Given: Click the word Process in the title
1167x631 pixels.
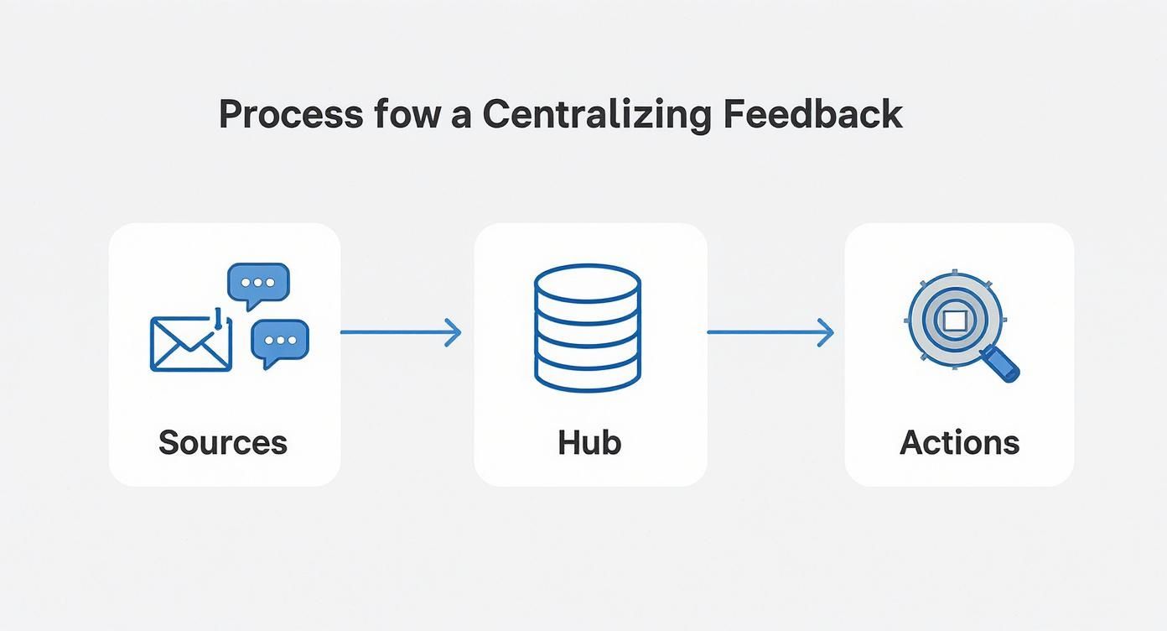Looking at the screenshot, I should point(290,114).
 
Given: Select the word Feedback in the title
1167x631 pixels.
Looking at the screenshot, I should point(812,114).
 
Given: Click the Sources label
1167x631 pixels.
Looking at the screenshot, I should point(223,442).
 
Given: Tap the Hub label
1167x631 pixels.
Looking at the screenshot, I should point(589,442).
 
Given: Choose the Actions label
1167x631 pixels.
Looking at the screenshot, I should point(959,442).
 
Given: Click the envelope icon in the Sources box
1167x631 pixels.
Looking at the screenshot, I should point(190,344).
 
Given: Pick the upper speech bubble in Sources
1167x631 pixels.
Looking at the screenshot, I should point(258,284).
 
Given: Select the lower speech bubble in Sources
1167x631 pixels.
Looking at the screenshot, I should point(280,341).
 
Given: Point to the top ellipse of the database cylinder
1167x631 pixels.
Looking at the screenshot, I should point(587,284).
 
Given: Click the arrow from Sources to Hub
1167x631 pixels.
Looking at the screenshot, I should point(400,332).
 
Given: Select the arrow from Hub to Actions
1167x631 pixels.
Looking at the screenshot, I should point(770,332).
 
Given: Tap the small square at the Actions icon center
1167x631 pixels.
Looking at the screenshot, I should point(955,320).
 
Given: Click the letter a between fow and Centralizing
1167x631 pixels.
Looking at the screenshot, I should point(461,116).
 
